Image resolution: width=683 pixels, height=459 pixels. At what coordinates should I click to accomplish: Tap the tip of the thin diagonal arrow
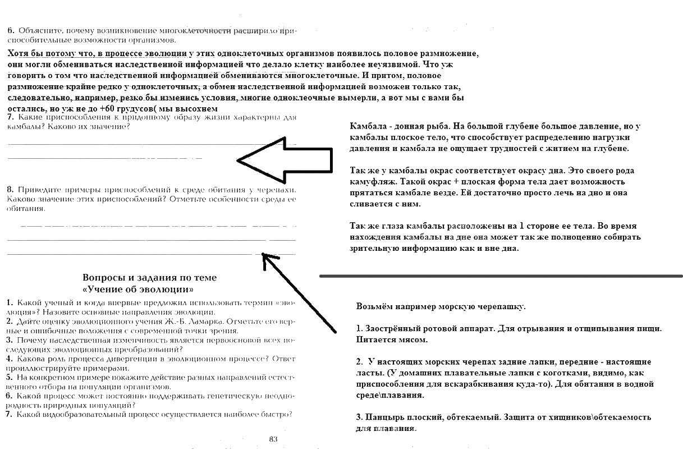click(x=263, y=256)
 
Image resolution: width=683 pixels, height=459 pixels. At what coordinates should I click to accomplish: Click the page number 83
click(x=273, y=439)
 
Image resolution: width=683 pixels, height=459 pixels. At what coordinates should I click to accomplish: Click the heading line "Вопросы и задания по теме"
click(x=149, y=278)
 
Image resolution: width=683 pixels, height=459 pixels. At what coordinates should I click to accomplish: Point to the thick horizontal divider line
click(x=499, y=276)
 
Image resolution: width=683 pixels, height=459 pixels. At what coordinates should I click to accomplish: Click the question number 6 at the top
click(x=11, y=30)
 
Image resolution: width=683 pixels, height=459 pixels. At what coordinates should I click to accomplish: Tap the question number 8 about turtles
click(x=10, y=190)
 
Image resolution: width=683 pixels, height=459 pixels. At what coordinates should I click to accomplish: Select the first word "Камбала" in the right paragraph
click(x=367, y=126)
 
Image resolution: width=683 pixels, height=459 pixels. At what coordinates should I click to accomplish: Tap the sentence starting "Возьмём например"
click(x=441, y=307)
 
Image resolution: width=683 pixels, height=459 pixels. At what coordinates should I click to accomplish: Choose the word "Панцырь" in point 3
click(x=385, y=417)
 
